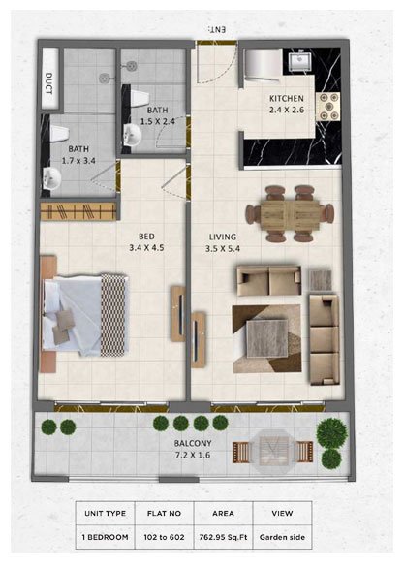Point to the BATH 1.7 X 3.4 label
tap(78, 155)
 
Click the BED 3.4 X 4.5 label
tap(146, 240)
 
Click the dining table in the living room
tap(288, 213)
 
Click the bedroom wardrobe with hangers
tap(78, 209)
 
